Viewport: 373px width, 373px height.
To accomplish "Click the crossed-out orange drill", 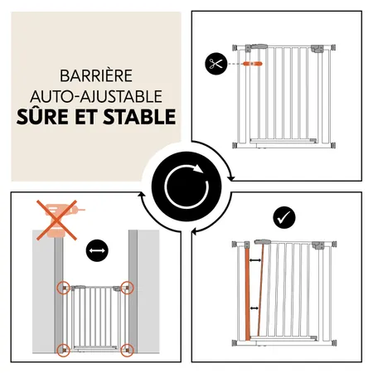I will (x=56, y=220).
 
